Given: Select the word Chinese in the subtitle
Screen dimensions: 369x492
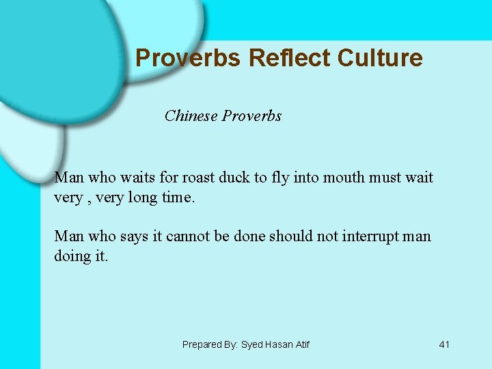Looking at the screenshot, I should pyautogui.click(x=191, y=115).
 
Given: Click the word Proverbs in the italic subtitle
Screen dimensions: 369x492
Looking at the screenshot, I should pyautogui.click(x=252, y=115).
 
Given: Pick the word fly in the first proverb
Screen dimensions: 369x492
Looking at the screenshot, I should pyautogui.click(x=281, y=178).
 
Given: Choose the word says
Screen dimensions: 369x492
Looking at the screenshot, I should pyautogui.click(x=138, y=236).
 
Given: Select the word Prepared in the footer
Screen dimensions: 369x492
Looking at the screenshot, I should pyautogui.click(x=201, y=344).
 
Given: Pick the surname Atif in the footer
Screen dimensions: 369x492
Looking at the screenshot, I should pyautogui.click(x=301, y=344).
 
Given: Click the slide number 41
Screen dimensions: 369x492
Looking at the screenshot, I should pyautogui.click(x=444, y=344).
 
